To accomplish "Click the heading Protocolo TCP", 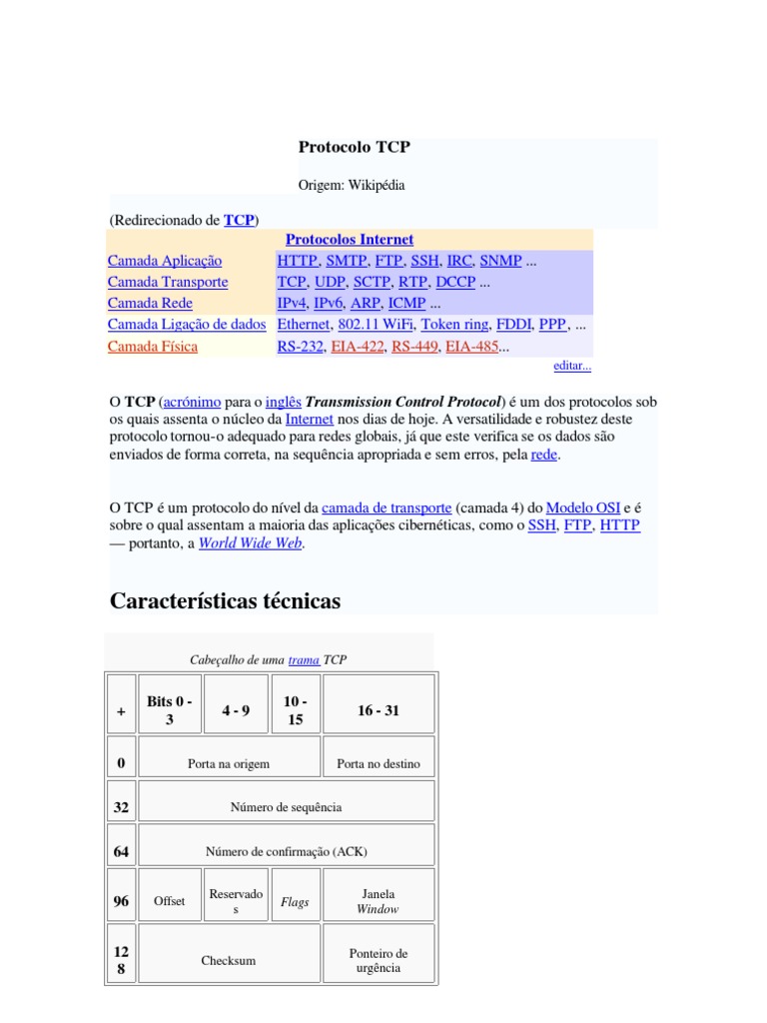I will (354, 147).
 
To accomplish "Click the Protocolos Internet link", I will (349, 240).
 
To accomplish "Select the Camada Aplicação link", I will (165, 261).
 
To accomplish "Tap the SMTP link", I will (347, 261).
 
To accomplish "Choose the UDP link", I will (330, 282).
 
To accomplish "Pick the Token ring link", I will (454, 324).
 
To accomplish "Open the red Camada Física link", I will (153, 347).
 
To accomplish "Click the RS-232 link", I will (300, 347).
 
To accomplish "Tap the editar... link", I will (572, 366).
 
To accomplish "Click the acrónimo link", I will (192, 401).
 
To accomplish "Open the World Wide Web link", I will (250, 543).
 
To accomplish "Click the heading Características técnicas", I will (225, 601).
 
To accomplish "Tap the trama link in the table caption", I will (304, 660).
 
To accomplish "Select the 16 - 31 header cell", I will (378, 710).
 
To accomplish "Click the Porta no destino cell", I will (378, 764).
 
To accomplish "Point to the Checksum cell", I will (229, 960).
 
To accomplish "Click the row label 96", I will (121, 901).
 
